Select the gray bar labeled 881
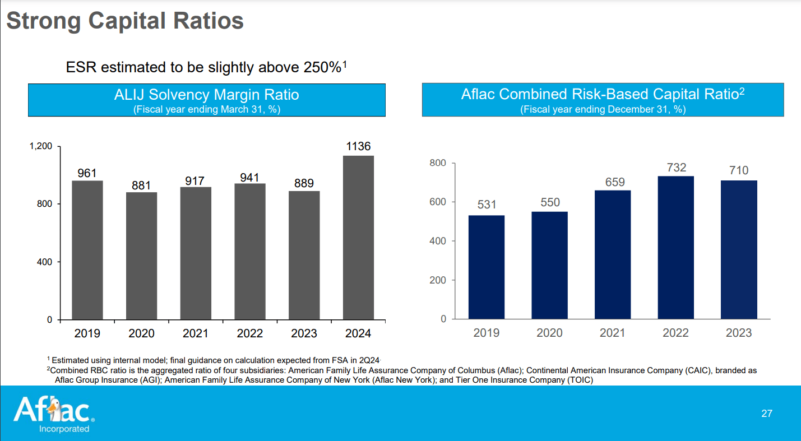tap(141, 256)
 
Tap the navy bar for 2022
tap(675, 248)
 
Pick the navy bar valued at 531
tap(487, 267)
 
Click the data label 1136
tap(358, 146)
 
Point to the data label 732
tap(676, 168)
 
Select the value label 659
tap(613, 182)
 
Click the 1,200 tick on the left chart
tap(41, 146)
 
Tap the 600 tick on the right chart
tap(439, 202)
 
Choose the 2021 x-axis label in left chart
tap(196, 334)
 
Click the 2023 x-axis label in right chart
tap(739, 333)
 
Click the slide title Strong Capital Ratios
tap(125, 21)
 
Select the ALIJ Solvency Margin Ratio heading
tap(206, 95)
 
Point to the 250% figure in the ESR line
tap(322, 68)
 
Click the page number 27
tap(767, 414)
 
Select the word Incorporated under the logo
tap(64, 429)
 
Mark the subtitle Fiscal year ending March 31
tap(206, 109)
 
